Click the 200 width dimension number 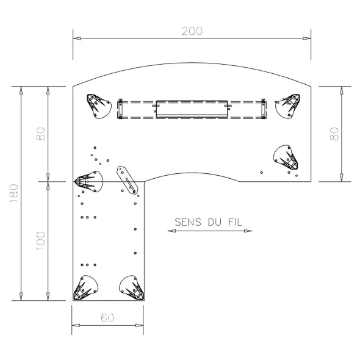(x=192, y=31)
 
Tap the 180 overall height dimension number (x=14, y=193)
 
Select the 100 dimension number (x=41, y=241)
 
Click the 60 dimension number (x=107, y=318)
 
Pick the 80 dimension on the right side (x=334, y=134)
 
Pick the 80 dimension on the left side (x=41, y=134)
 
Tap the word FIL (x=236, y=222)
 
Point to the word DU (x=215, y=222)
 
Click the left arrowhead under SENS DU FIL (x=171, y=231)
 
